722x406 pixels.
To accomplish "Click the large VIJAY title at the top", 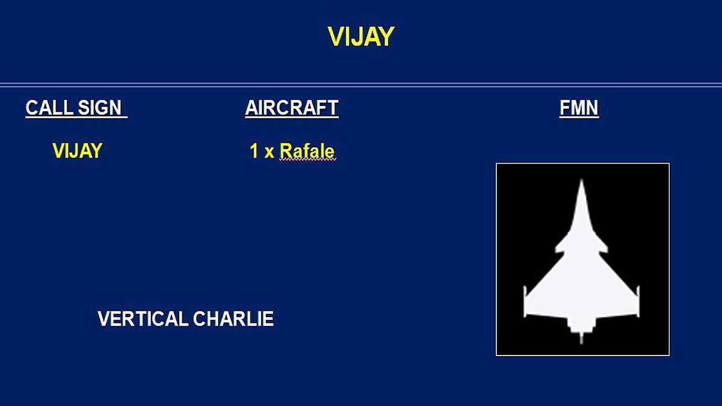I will click(361, 37).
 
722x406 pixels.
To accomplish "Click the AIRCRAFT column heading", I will click(292, 108).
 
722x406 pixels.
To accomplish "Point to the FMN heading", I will click(579, 108).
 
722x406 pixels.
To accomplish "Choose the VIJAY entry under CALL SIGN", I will click(77, 150).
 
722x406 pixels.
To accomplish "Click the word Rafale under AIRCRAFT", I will click(307, 151).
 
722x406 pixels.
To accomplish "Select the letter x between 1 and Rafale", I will click(269, 152).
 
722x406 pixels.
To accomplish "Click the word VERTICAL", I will click(143, 319).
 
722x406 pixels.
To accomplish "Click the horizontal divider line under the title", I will click(361, 85).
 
